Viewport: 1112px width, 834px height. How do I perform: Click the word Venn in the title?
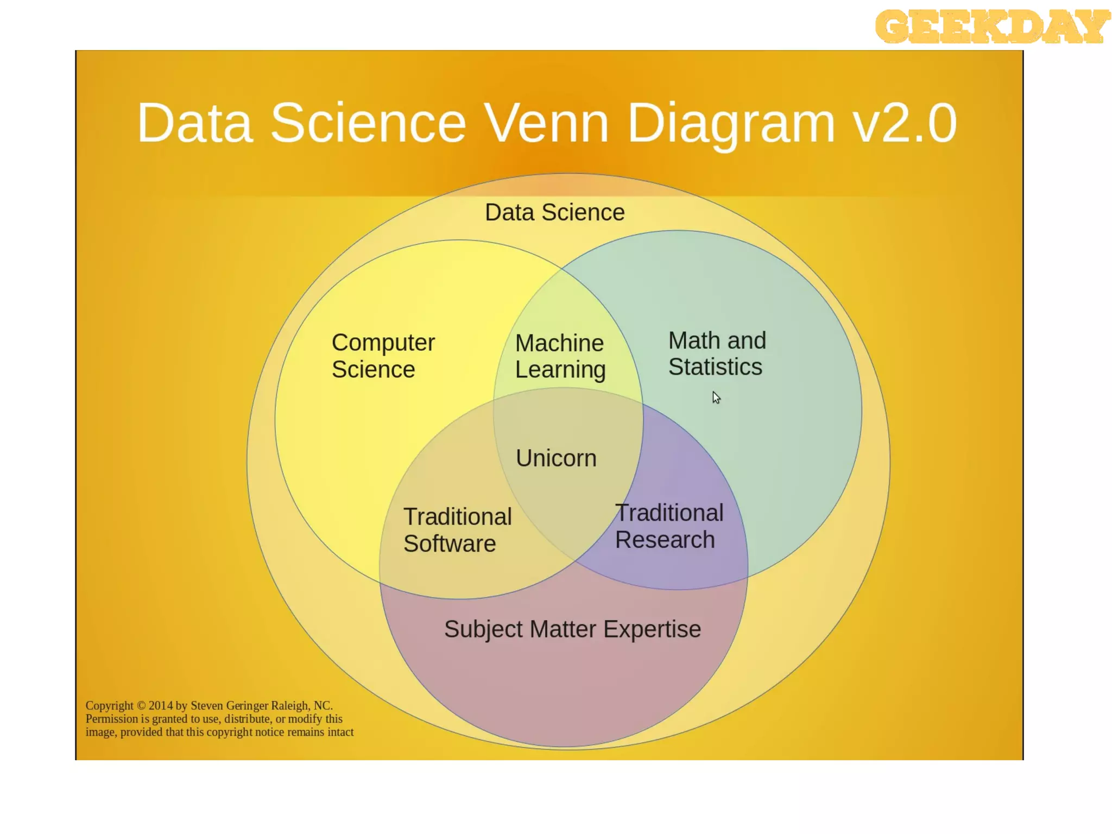click(x=546, y=123)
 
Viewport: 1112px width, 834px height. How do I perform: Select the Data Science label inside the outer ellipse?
click(x=554, y=212)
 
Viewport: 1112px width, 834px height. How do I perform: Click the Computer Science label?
click(x=383, y=356)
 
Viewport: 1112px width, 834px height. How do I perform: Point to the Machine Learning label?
click(x=560, y=356)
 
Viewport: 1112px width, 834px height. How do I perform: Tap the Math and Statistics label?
click(x=717, y=354)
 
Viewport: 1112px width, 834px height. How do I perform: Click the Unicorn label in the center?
click(x=556, y=458)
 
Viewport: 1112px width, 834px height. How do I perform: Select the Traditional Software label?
click(x=457, y=530)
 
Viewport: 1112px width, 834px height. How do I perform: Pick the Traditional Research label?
click(x=669, y=526)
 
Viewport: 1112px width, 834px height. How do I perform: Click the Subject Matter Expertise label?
click(x=572, y=629)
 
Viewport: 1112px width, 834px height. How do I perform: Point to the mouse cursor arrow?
click(x=716, y=397)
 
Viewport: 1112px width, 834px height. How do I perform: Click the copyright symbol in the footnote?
click(x=141, y=706)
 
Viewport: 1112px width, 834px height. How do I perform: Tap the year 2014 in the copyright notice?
click(x=161, y=706)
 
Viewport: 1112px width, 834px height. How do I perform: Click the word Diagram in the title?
click(x=730, y=123)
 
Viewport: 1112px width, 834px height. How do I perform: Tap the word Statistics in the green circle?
click(x=715, y=367)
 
